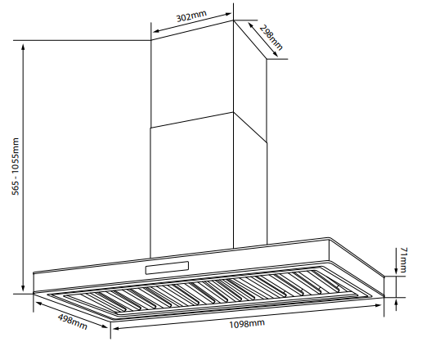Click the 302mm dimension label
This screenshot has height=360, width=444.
pyautogui.click(x=191, y=16)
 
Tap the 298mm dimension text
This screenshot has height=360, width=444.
pyautogui.click(x=271, y=38)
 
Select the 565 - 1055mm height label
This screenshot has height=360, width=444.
pyautogui.click(x=16, y=166)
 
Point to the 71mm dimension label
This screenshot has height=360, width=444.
pyautogui.click(x=403, y=260)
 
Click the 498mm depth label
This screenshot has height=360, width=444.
pyautogui.click(x=73, y=322)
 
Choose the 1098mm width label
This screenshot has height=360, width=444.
pyautogui.click(x=247, y=323)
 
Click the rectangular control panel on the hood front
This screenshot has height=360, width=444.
pyautogui.click(x=167, y=268)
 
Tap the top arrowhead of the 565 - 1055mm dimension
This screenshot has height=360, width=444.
pyautogui.click(x=23, y=46)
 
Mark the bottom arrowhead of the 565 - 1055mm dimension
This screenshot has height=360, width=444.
pyautogui.click(x=23, y=288)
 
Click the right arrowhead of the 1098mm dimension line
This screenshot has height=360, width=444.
pyautogui.click(x=379, y=305)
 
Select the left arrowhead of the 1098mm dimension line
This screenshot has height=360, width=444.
pyautogui.click(x=116, y=329)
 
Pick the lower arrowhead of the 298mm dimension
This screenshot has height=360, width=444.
pyautogui.click(x=276, y=54)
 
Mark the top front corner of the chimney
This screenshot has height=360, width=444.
pyautogui.click(x=233, y=20)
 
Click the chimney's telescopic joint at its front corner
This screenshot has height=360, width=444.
pyautogui.click(x=233, y=112)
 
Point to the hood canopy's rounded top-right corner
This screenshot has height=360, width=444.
pyautogui.click(x=330, y=238)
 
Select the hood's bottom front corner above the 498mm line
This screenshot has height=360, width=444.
pyautogui.click(x=111, y=322)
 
